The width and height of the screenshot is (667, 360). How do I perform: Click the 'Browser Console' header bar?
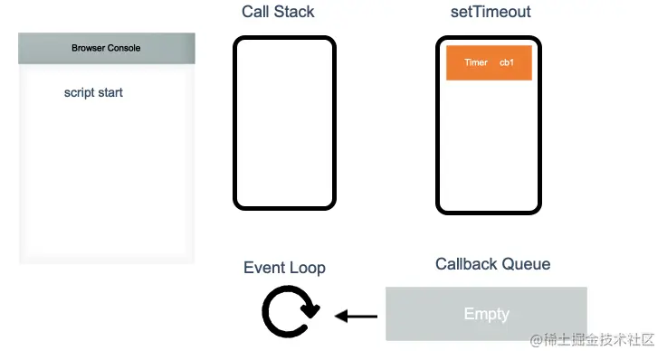click(x=107, y=48)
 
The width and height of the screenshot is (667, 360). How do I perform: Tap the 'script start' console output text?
click(x=93, y=92)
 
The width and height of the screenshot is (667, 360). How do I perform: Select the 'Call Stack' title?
click(x=278, y=12)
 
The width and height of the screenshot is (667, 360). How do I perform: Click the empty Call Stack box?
click(x=284, y=123)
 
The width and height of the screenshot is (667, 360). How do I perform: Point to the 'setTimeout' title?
click(x=491, y=12)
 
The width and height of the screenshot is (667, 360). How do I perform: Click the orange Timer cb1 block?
click(x=489, y=62)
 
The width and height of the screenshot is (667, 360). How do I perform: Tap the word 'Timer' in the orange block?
click(x=476, y=62)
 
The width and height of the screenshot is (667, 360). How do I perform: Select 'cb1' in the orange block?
click(x=507, y=62)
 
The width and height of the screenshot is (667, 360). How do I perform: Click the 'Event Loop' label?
click(x=284, y=268)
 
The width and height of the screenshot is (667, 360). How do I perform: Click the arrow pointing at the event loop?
click(x=357, y=317)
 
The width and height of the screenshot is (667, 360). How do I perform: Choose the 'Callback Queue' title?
click(x=492, y=264)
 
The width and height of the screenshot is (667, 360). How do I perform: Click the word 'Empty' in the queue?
click(x=486, y=314)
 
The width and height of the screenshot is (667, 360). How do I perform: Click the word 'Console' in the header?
click(x=124, y=48)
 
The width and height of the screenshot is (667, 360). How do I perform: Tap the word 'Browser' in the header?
click(x=89, y=48)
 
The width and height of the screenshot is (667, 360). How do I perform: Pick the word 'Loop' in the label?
click(x=307, y=268)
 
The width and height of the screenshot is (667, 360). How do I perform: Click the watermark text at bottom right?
click(x=593, y=340)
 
